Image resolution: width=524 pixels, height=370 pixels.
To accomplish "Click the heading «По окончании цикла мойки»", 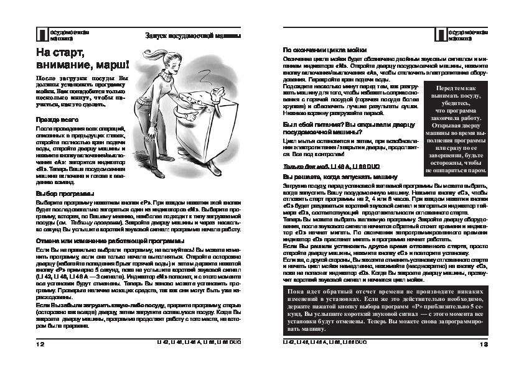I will pyautogui.click(x=324, y=49).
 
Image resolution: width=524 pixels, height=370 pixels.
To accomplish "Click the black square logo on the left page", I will pyautogui.click(x=42, y=34).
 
